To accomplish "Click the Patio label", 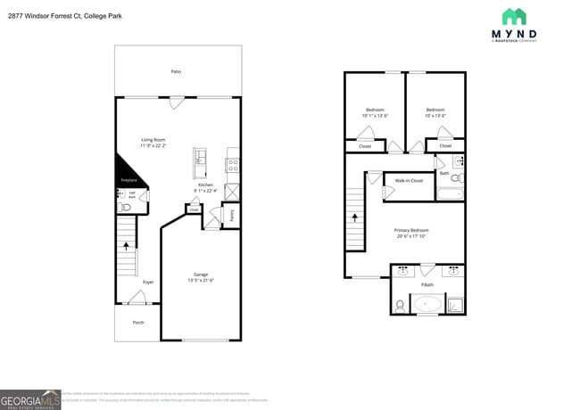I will [x=177, y=70].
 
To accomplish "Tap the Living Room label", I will [x=153, y=139].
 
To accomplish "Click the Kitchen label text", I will [x=205, y=184].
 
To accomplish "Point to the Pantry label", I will [x=232, y=215].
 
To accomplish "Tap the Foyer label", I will [x=148, y=282].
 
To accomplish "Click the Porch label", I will [x=138, y=323].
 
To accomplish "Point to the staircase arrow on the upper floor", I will [x=356, y=216].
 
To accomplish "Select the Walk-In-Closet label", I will [x=409, y=181].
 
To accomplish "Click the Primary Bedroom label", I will [x=412, y=230].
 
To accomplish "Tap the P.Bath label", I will [x=427, y=285].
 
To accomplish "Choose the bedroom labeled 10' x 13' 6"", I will [x=435, y=112].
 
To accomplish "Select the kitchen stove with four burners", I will [x=233, y=164].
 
